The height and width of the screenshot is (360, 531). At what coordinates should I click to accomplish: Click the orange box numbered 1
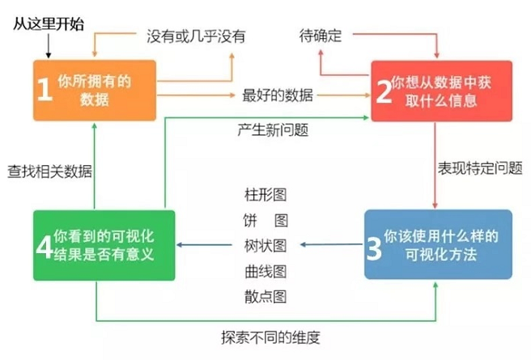click(94, 91)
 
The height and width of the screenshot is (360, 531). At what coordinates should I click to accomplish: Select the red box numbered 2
click(440, 91)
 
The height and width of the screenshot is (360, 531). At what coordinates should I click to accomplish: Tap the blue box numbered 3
click(438, 244)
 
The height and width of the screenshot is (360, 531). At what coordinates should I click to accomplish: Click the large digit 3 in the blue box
click(373, 246)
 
